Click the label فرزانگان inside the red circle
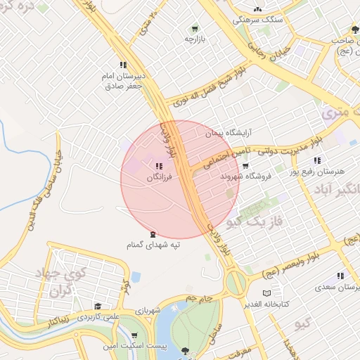[x=158, y=178]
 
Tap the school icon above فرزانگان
[x=157, y=167]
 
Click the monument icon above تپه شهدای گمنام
[x=153, y=233]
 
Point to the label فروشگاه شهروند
[x=245, y=176]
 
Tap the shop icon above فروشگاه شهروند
[x=245, y=166]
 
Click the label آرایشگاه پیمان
[x=228, y=131]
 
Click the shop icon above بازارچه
[x=194, y=29]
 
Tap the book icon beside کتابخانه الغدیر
[x=266, y=292]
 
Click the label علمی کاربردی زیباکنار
[x=96, y=318]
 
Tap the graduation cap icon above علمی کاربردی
[x=97, y=307]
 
